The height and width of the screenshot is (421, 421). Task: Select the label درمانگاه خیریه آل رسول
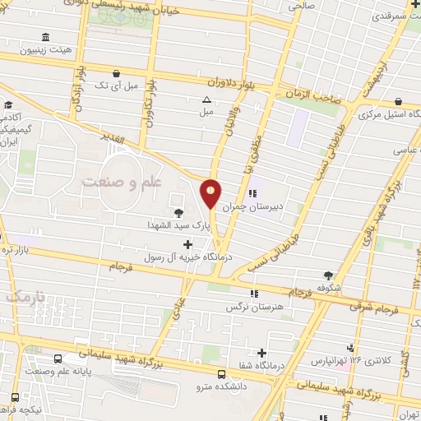185,257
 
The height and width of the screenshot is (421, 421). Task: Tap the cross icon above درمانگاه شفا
261,353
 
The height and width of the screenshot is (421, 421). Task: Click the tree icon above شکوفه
330,275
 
